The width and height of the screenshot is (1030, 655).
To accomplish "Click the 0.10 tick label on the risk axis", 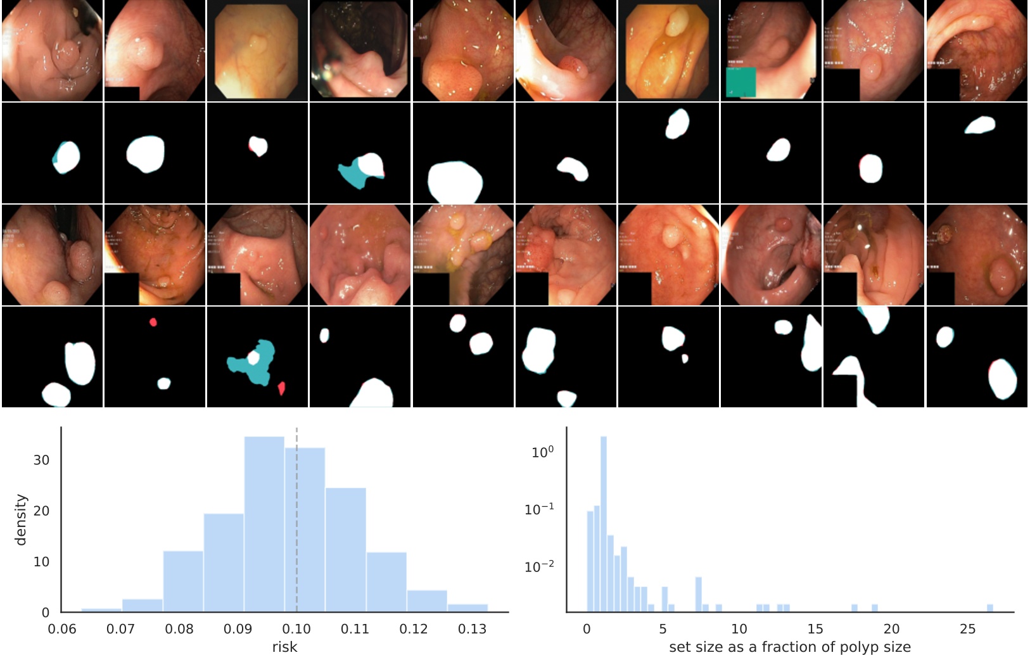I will click(x=296, y=629).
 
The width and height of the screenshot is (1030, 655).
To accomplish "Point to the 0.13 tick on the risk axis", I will click(x=472, y=629).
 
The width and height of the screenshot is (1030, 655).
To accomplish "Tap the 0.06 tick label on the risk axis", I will click(x=62, y=629).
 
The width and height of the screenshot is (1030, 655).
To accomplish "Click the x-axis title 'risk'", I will click(x=284, y=647).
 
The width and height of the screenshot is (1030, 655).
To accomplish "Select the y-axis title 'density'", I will click(x=21, y=519).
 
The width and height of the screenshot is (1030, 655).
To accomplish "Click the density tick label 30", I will click(x=41, y=460).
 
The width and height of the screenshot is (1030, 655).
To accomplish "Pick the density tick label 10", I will click(x=41, y=562).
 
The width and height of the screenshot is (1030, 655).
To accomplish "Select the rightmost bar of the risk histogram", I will click(x=467, y=608).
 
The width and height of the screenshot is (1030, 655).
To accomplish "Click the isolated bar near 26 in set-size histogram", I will click(x=989, y=609).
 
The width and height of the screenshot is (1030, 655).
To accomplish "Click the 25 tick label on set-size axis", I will click(x=967, y=629).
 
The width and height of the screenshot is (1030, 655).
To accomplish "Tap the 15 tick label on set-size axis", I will click(x=815, y=629).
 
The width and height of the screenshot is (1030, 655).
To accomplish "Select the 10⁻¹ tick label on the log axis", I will click(x=539, y=509).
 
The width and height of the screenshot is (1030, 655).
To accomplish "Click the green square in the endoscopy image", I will click(x=741, y=82).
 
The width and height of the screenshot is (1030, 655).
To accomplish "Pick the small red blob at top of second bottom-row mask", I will click(x=153, y=322).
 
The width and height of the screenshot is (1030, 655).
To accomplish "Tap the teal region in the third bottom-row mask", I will click(x=260, y=374).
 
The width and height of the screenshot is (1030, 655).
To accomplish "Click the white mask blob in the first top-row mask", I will click(x=68, y=156).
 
